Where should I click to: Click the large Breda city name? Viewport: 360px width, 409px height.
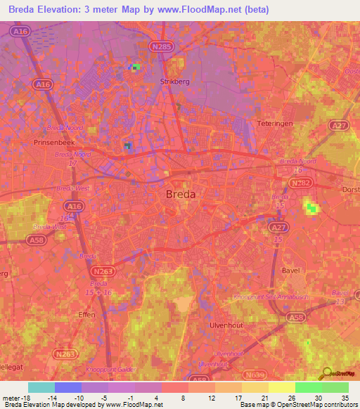181,195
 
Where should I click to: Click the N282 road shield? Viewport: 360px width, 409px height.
298,181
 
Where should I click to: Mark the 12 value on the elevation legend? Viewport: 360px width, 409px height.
212,397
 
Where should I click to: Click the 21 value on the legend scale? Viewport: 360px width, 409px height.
264,397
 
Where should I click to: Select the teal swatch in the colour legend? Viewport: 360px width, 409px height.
41,387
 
